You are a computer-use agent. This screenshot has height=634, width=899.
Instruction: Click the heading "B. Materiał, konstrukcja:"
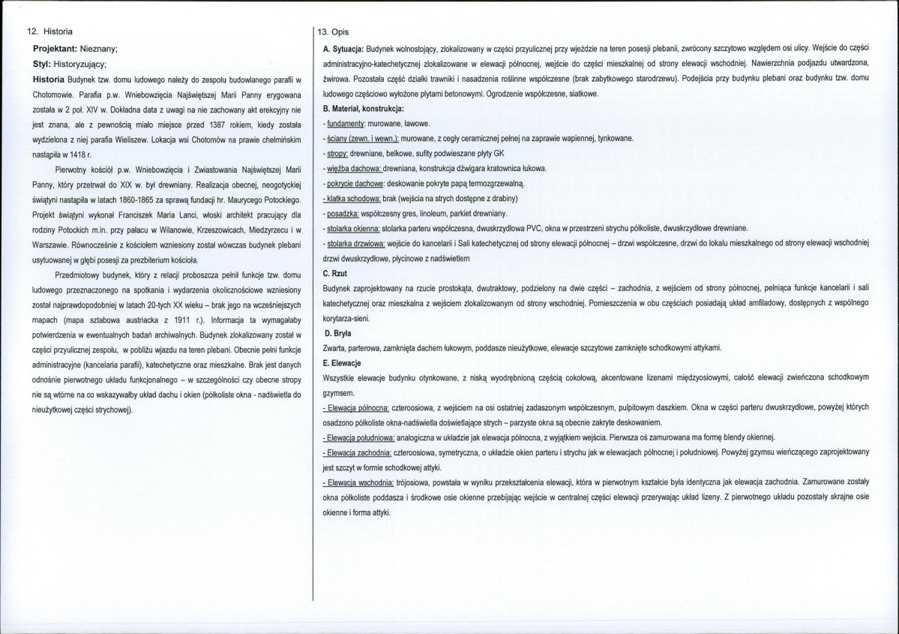[x=360, y=110]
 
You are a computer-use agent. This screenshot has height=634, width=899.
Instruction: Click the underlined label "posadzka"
[x=342, y=213]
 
